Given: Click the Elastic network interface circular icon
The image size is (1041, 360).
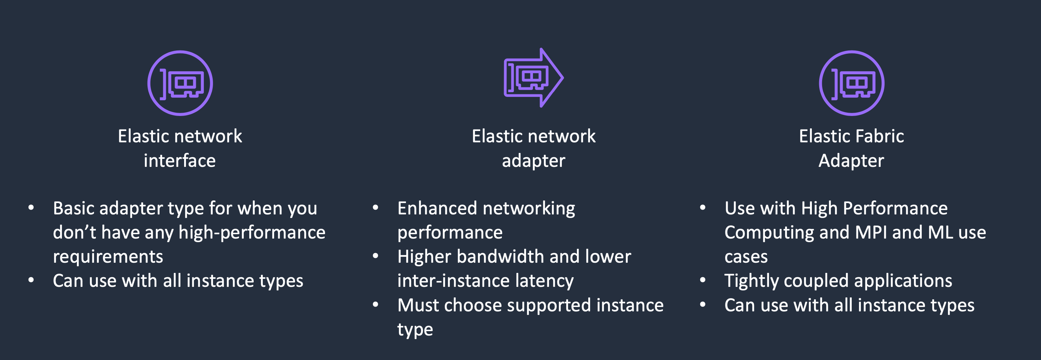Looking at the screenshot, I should tap(180, 83).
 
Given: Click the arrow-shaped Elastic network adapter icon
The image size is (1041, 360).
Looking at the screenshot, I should tap(533, 78).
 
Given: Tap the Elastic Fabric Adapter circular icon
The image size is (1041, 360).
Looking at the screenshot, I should tap(851, 83).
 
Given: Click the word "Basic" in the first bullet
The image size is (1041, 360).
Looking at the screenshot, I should tap(74, 209).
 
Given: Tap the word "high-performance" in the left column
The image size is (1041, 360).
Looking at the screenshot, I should tap(252, 233).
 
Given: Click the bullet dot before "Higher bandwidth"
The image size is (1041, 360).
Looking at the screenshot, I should tap(376, 256).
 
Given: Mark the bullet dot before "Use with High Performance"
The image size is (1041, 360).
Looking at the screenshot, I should tap(703, 208).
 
